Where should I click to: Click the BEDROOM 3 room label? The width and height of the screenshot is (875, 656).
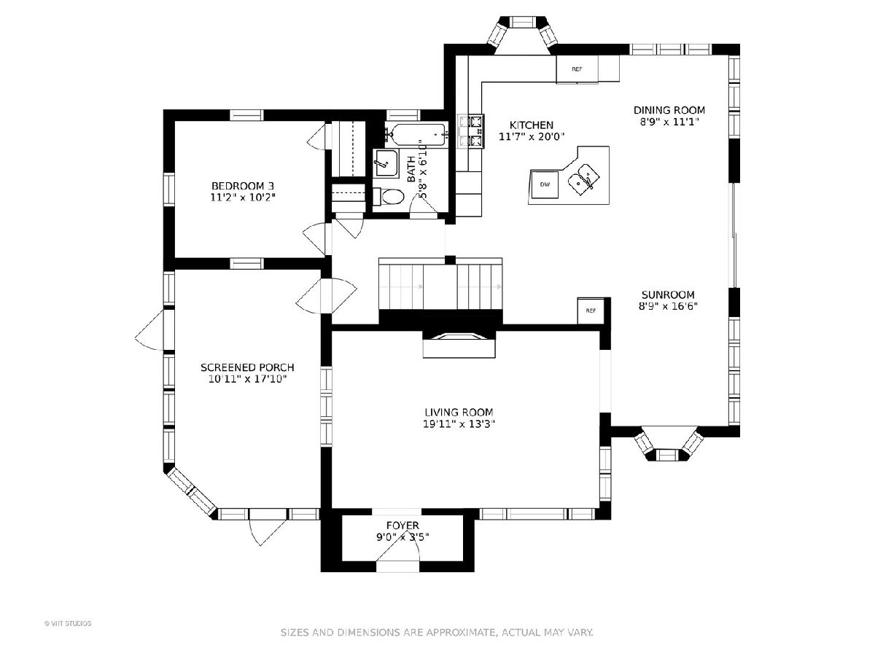pyautogui.click(x=243, y=186)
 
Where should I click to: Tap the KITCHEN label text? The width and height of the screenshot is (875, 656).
pyautogui.click(x=532, y=125)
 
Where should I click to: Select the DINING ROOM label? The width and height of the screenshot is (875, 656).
pyautogui.click(x=669, y=110)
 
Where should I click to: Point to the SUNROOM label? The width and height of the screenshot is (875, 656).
pyautogui.click(x=668, y=294)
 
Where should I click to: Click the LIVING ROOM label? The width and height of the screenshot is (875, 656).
pyautogui.click(x=459, y=413)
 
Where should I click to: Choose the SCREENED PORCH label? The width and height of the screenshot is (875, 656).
pyautogui.click(x=247, y=367)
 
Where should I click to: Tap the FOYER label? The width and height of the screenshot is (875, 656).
pyautogui.click(x=402, y=526)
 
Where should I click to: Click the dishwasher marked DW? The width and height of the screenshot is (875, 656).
pyautogui.click(x=545, y=184)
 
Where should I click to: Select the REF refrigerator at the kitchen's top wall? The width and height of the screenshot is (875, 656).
pyautogui.click(x=577, y=69)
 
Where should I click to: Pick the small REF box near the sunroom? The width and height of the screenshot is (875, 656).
pyautogui.click(x=591, y=311)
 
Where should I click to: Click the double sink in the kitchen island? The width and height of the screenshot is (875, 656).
pyautogui.click(x=583, y=179)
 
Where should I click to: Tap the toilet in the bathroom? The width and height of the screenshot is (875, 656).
pyautogui.click(x=389, y=197)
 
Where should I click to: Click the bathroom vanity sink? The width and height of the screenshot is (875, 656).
pyautogui.click(x=386, y=164)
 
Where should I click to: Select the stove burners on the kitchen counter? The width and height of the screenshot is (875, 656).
pyautogui.click(x=471, y=131)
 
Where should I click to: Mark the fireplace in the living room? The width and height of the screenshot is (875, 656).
pyautogui.click(x=459, y=343)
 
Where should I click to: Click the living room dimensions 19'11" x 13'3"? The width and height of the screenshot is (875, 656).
pyautogui.click(x=459, y=424)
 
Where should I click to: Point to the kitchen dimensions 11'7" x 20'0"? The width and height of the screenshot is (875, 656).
pyautogui.click(x=532, y=136)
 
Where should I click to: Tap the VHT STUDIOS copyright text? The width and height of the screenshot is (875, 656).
pyautogui.click(x=68, y=623)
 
